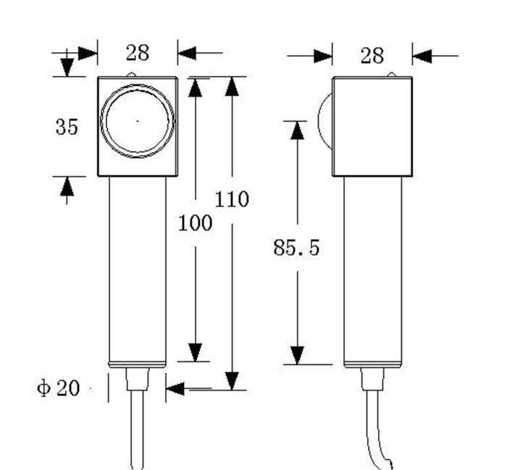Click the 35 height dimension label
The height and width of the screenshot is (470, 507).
click(x=66, y=127)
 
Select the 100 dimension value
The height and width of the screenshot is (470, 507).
click(x=196, y=223)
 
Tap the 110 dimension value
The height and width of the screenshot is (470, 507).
click(x=232, y=198)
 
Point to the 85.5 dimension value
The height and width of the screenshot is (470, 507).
click(x=296, y=248)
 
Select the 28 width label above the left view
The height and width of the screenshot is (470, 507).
click(x=137, y=53)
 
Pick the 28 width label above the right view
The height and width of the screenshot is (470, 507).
click(x=372, y=55)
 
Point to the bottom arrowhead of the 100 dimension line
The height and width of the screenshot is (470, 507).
click(x=195, y=351)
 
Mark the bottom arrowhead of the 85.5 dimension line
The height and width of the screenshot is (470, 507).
click(x=297, y=355)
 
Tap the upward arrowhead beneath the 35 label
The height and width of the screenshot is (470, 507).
click(x=67, y=187)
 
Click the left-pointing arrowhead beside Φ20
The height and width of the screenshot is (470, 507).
click(x=175, y=389)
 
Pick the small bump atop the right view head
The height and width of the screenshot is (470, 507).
click(x=392, y=74)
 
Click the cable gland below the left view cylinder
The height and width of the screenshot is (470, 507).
click(x=138, y=379)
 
